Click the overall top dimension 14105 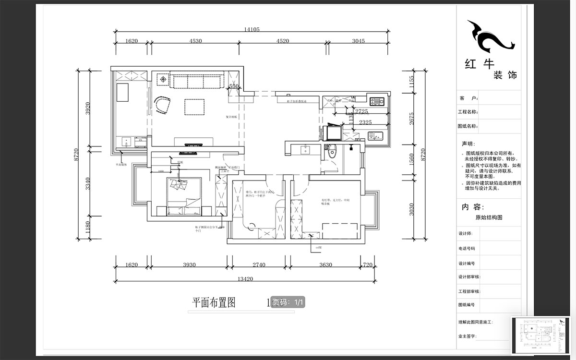tap(252, 29)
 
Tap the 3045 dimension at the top tap(359, 41)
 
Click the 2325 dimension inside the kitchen tap(365, 122)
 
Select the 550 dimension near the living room tap(233, 86)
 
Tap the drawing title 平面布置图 tap(214, 302)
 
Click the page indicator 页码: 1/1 tap(288, 302)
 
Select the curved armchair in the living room tap(162, 106)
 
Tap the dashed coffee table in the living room tap(194, 107)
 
